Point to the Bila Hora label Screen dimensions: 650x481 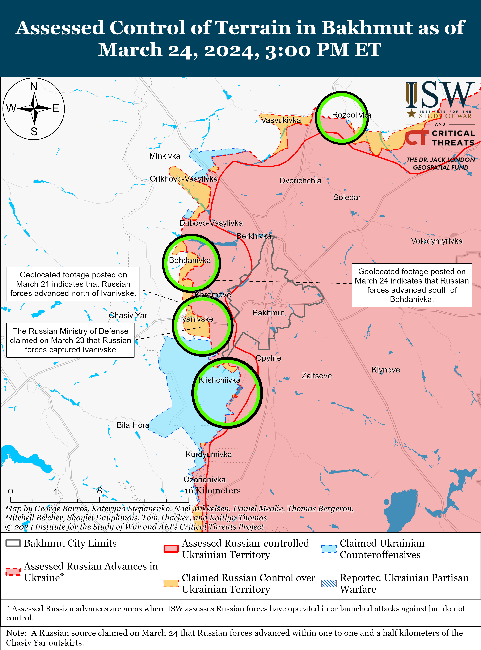pos(133,425)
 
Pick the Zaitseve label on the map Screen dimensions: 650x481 pos(316,376)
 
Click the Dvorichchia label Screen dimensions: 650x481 pos(300,181)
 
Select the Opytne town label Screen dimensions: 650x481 pos(268,358)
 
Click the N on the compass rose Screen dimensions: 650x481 pos(34,86)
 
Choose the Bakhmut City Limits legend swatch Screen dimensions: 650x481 pos(13,543)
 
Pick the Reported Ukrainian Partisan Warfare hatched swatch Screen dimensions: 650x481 pos(329,583)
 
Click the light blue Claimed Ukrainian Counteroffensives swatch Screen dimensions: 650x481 pos(329,549)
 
